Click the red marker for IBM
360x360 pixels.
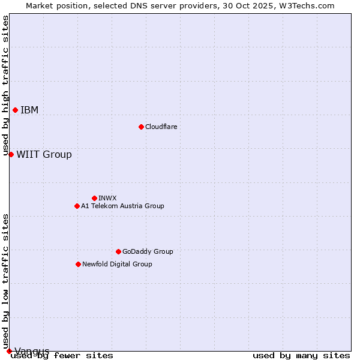point(15,110)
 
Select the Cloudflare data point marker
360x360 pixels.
point(141,127)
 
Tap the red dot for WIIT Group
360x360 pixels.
point(11,154)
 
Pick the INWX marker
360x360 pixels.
point(94,198)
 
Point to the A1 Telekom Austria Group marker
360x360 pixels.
point(77,206)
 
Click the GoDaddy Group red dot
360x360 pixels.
point(118,251)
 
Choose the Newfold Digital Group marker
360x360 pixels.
point(78,264)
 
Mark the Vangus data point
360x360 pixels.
point(9,351)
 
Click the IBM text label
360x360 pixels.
point(29,110)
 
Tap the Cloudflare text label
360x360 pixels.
point(161,127)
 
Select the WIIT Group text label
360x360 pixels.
point(44,154)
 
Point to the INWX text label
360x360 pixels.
point(107,198)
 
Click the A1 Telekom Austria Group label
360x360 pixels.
point(122,206)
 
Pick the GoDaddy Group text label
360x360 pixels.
point(148,251)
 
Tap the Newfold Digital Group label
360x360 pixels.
point(117,264)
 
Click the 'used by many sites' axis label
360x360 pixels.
point(301,355)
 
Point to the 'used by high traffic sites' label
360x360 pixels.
point(5,86)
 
